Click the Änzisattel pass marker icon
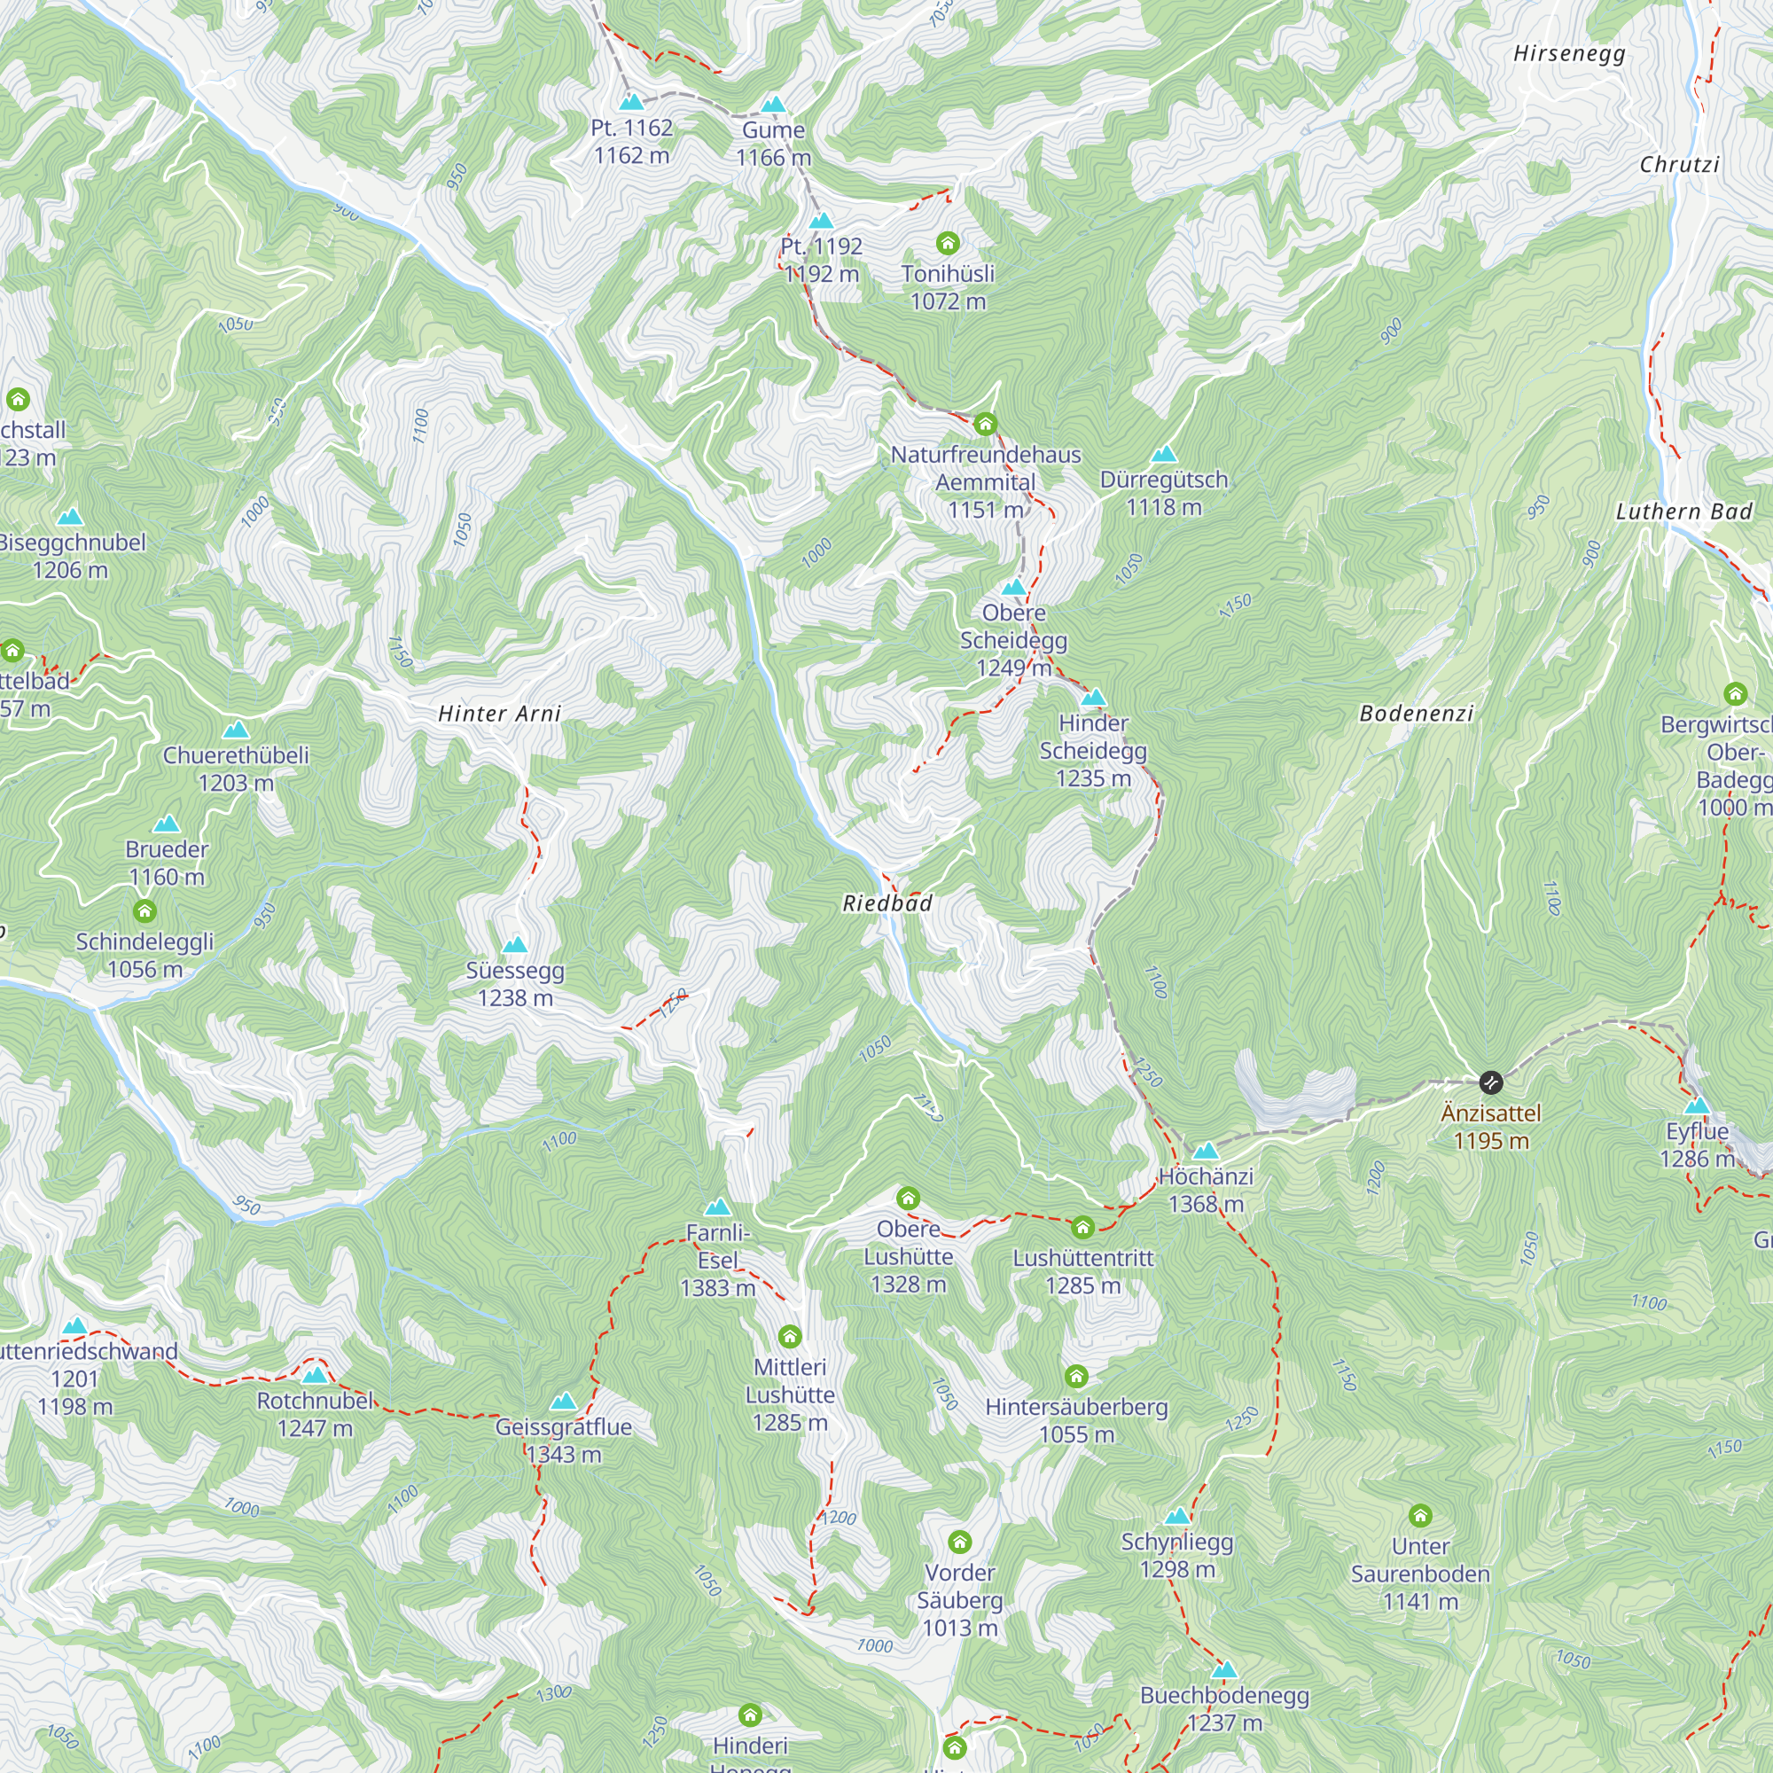(x=1491, y=1083)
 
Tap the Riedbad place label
(x=887, y=903)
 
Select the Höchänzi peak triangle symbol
(x=1205, y=1151)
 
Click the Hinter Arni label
(x=499, y=713)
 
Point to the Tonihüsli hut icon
(x=948, y=243)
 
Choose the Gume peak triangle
(x=774, y=105)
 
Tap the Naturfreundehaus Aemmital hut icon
(x=986, y=424)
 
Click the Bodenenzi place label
(x=1417, y=713)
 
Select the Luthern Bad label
(x=1684, y=512)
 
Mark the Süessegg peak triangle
(x=515, y=945)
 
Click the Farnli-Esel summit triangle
(x=718, y=1207)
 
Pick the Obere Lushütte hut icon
(x=909, y=1199)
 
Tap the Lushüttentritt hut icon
(x=1083, y=1228)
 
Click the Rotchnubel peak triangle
(x=315, y=1375)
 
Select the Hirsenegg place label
(x=1569, y=53)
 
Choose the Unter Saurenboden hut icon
(x=1420, y=1515)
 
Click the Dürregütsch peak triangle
(x=1164, y=454)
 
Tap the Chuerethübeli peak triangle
(x=236, y=730)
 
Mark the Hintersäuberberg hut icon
(x=1076, y=1377)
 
